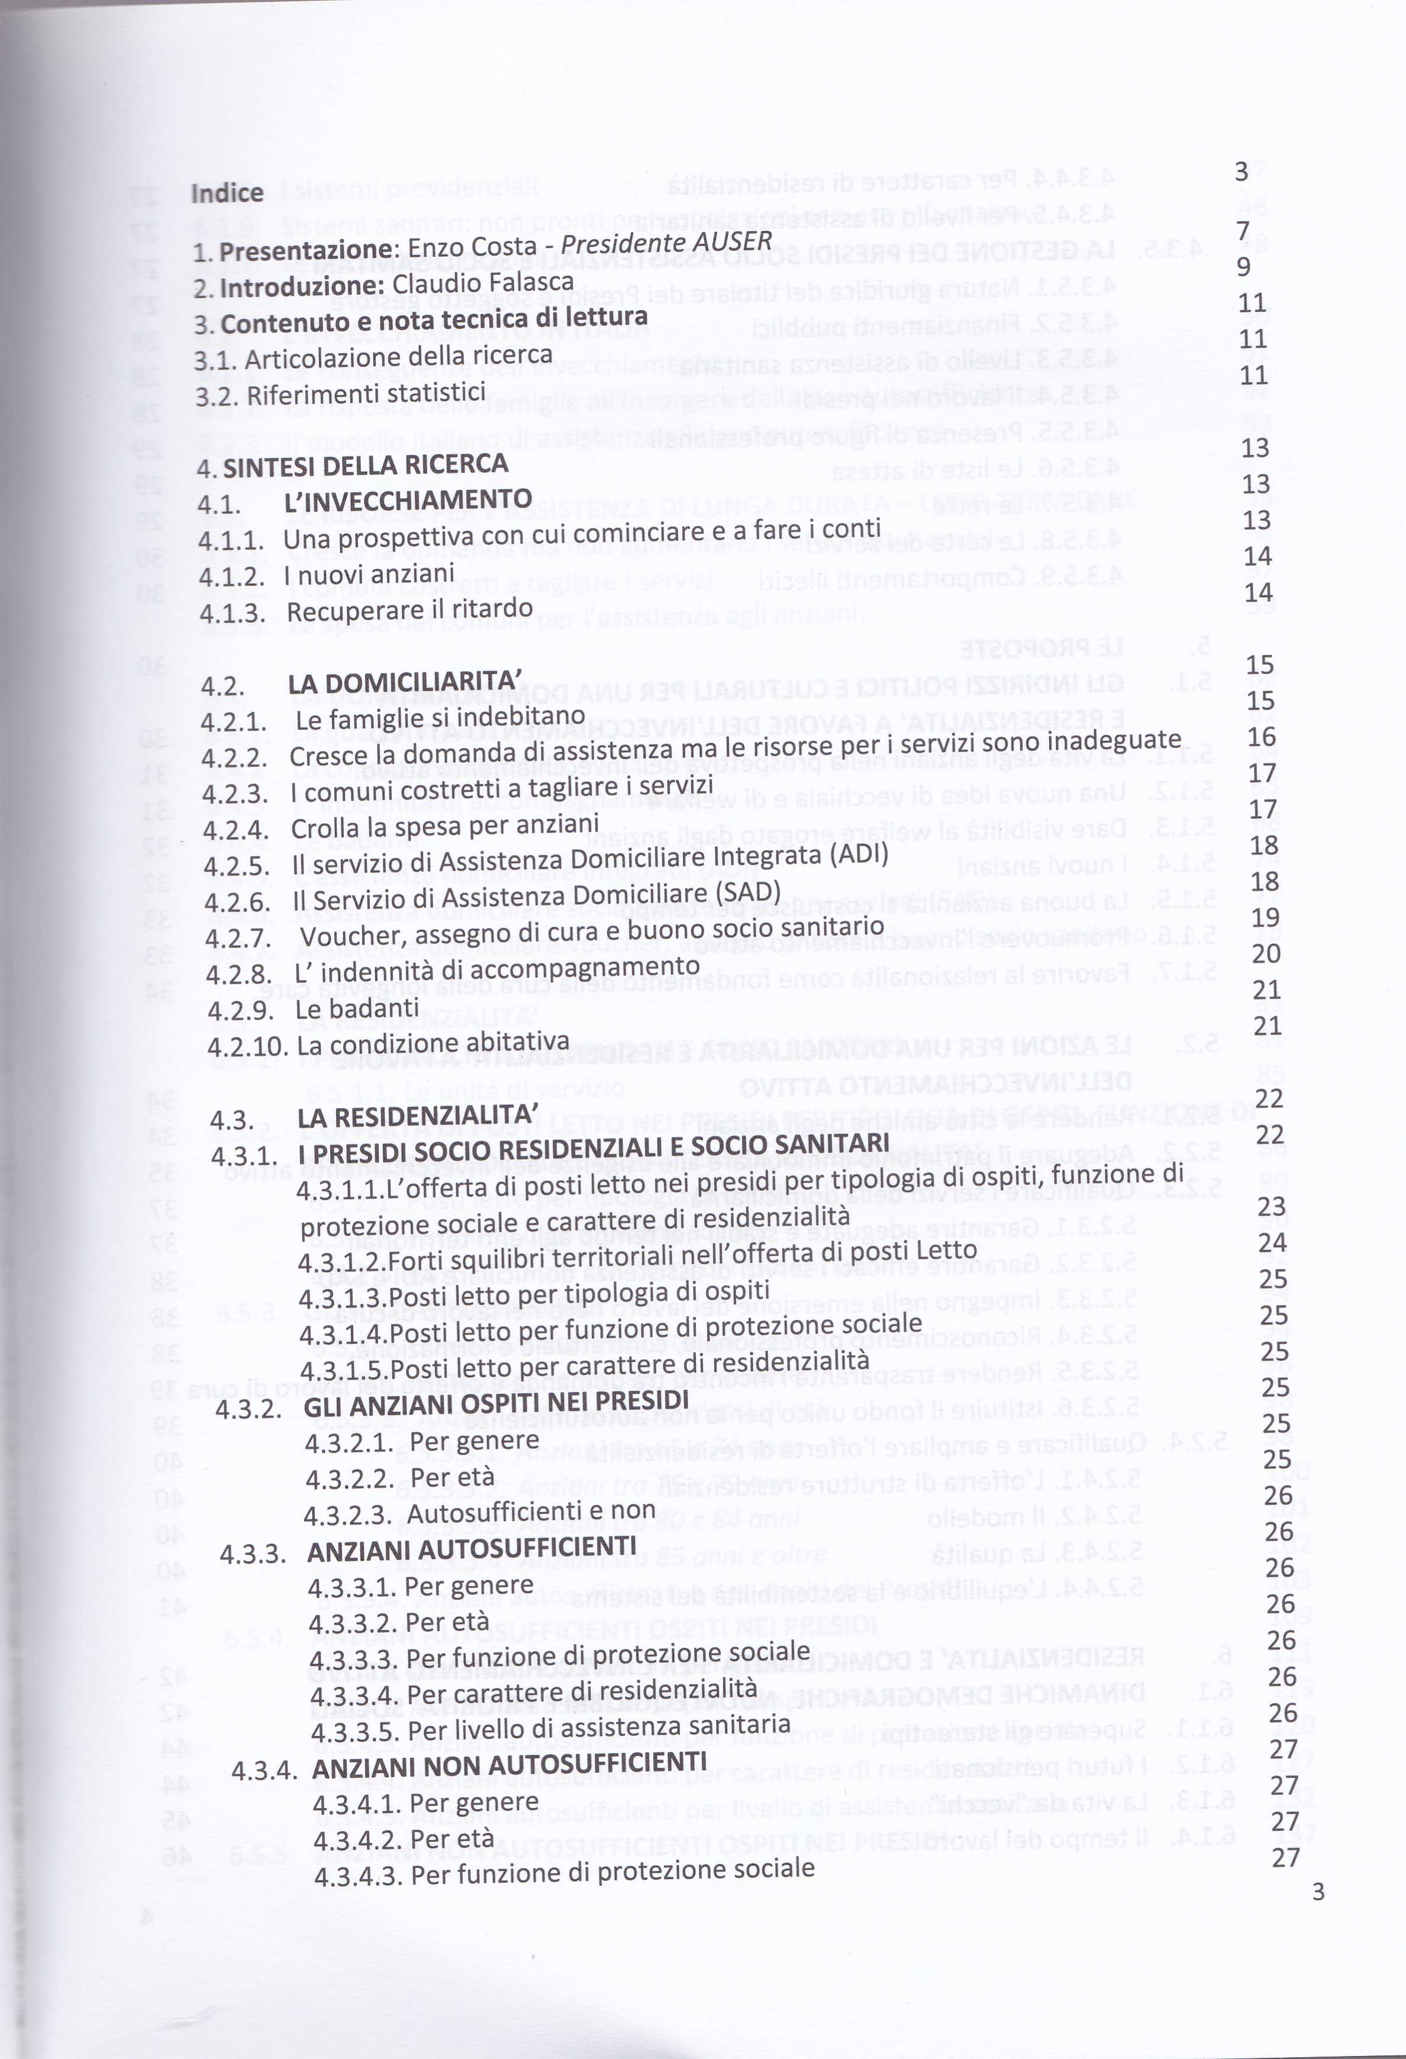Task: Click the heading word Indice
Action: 227,193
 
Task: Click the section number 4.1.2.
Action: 231,576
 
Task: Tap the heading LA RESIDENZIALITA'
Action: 417,1116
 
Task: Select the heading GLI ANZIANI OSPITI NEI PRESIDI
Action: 495,1403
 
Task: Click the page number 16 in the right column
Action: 1262,736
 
